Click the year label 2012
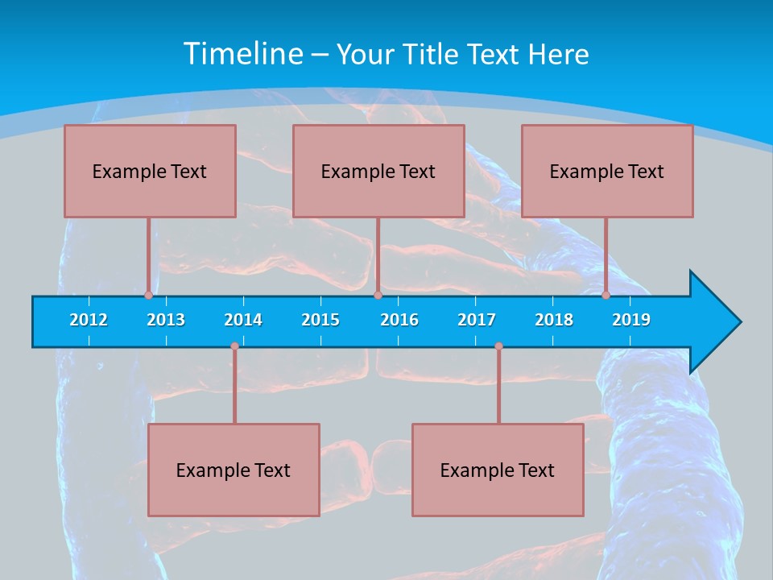pyautogui.click(x=89, y=320)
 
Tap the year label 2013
pyautogui.click(x=166, y=320)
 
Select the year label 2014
pyautogui.click(x=243, y=320)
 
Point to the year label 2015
pyautogui.click(x=320, y=320)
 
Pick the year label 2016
pyautogui.click(x=399, y=320)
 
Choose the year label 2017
pyautogui.click(x=477, y=320)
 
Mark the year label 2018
pyautogui.click(x=554, y=320)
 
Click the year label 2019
pyautogui.click(x=631, y=320)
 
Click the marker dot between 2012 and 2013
pyautogui.click(x=148, y=295)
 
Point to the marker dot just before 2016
pyautogui.click(x=378, y=295)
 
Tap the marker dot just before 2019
pyautogui.click(x=606, y=295)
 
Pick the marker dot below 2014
pyautogui.click(x=234, y=346)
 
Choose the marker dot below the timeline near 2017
pyautogui.click(x=498, y=346)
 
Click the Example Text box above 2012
pyautogui.click(x=150, y=171)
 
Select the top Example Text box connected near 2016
pyautogui.click(x=378, y=171)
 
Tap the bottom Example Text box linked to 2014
pyautogui.click(x=234, y=470)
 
